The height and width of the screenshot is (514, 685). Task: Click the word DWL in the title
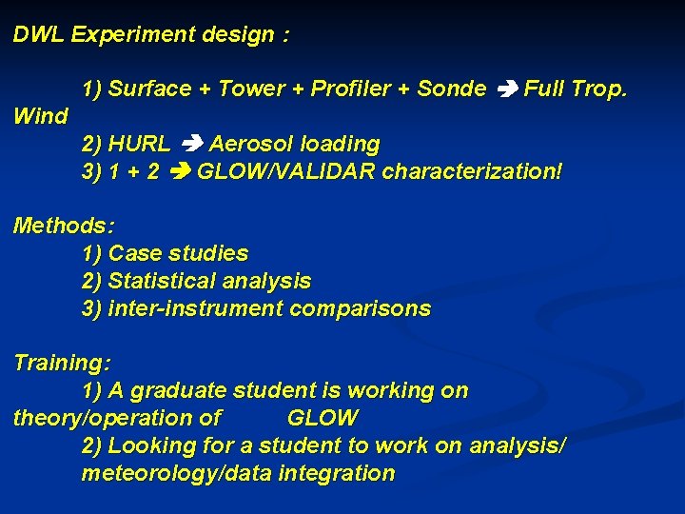[x=39, y=35]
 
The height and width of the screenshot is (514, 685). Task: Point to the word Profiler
[x=348, y=89]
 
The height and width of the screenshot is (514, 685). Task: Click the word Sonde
[x=452, y=89]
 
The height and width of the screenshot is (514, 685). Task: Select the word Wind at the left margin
[x=41, y=117]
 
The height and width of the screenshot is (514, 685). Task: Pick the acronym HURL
[x=140, y=145]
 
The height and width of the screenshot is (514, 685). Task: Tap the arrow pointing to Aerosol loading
[x=190, y=145]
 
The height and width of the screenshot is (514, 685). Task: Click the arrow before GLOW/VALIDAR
[x=178, y=172]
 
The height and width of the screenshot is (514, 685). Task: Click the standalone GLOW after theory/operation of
[x=323, y=418]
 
